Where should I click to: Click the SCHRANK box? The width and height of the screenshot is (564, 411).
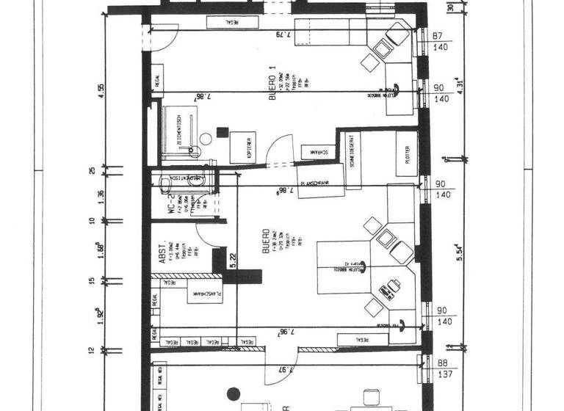(317, 152)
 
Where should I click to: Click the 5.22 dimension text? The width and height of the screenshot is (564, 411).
(232, 261)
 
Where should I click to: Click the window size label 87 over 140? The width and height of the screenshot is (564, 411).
(441, 41)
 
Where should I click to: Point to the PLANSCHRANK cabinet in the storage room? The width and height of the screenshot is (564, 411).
(203, 294)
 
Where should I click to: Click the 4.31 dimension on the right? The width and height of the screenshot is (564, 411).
(459, 84)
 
